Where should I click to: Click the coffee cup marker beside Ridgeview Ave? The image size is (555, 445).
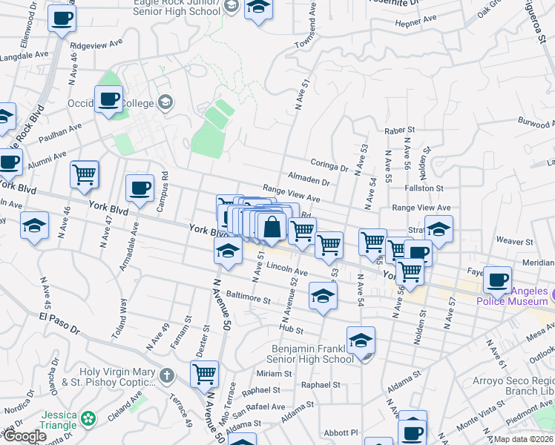click(62, 17)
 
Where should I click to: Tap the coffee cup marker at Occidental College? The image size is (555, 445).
click(108, 99)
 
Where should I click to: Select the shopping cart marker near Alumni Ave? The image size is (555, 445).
click(85, 174)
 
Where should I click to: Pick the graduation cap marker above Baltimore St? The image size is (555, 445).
click(323, 295)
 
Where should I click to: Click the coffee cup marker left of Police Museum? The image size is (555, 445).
click(497, 280)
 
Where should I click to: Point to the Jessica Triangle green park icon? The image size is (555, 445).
click(90, 419)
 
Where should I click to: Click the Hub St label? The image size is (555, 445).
click(292, 329)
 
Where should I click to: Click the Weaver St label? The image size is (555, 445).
click(514, 241)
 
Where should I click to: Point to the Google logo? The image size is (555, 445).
click(25, 436)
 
